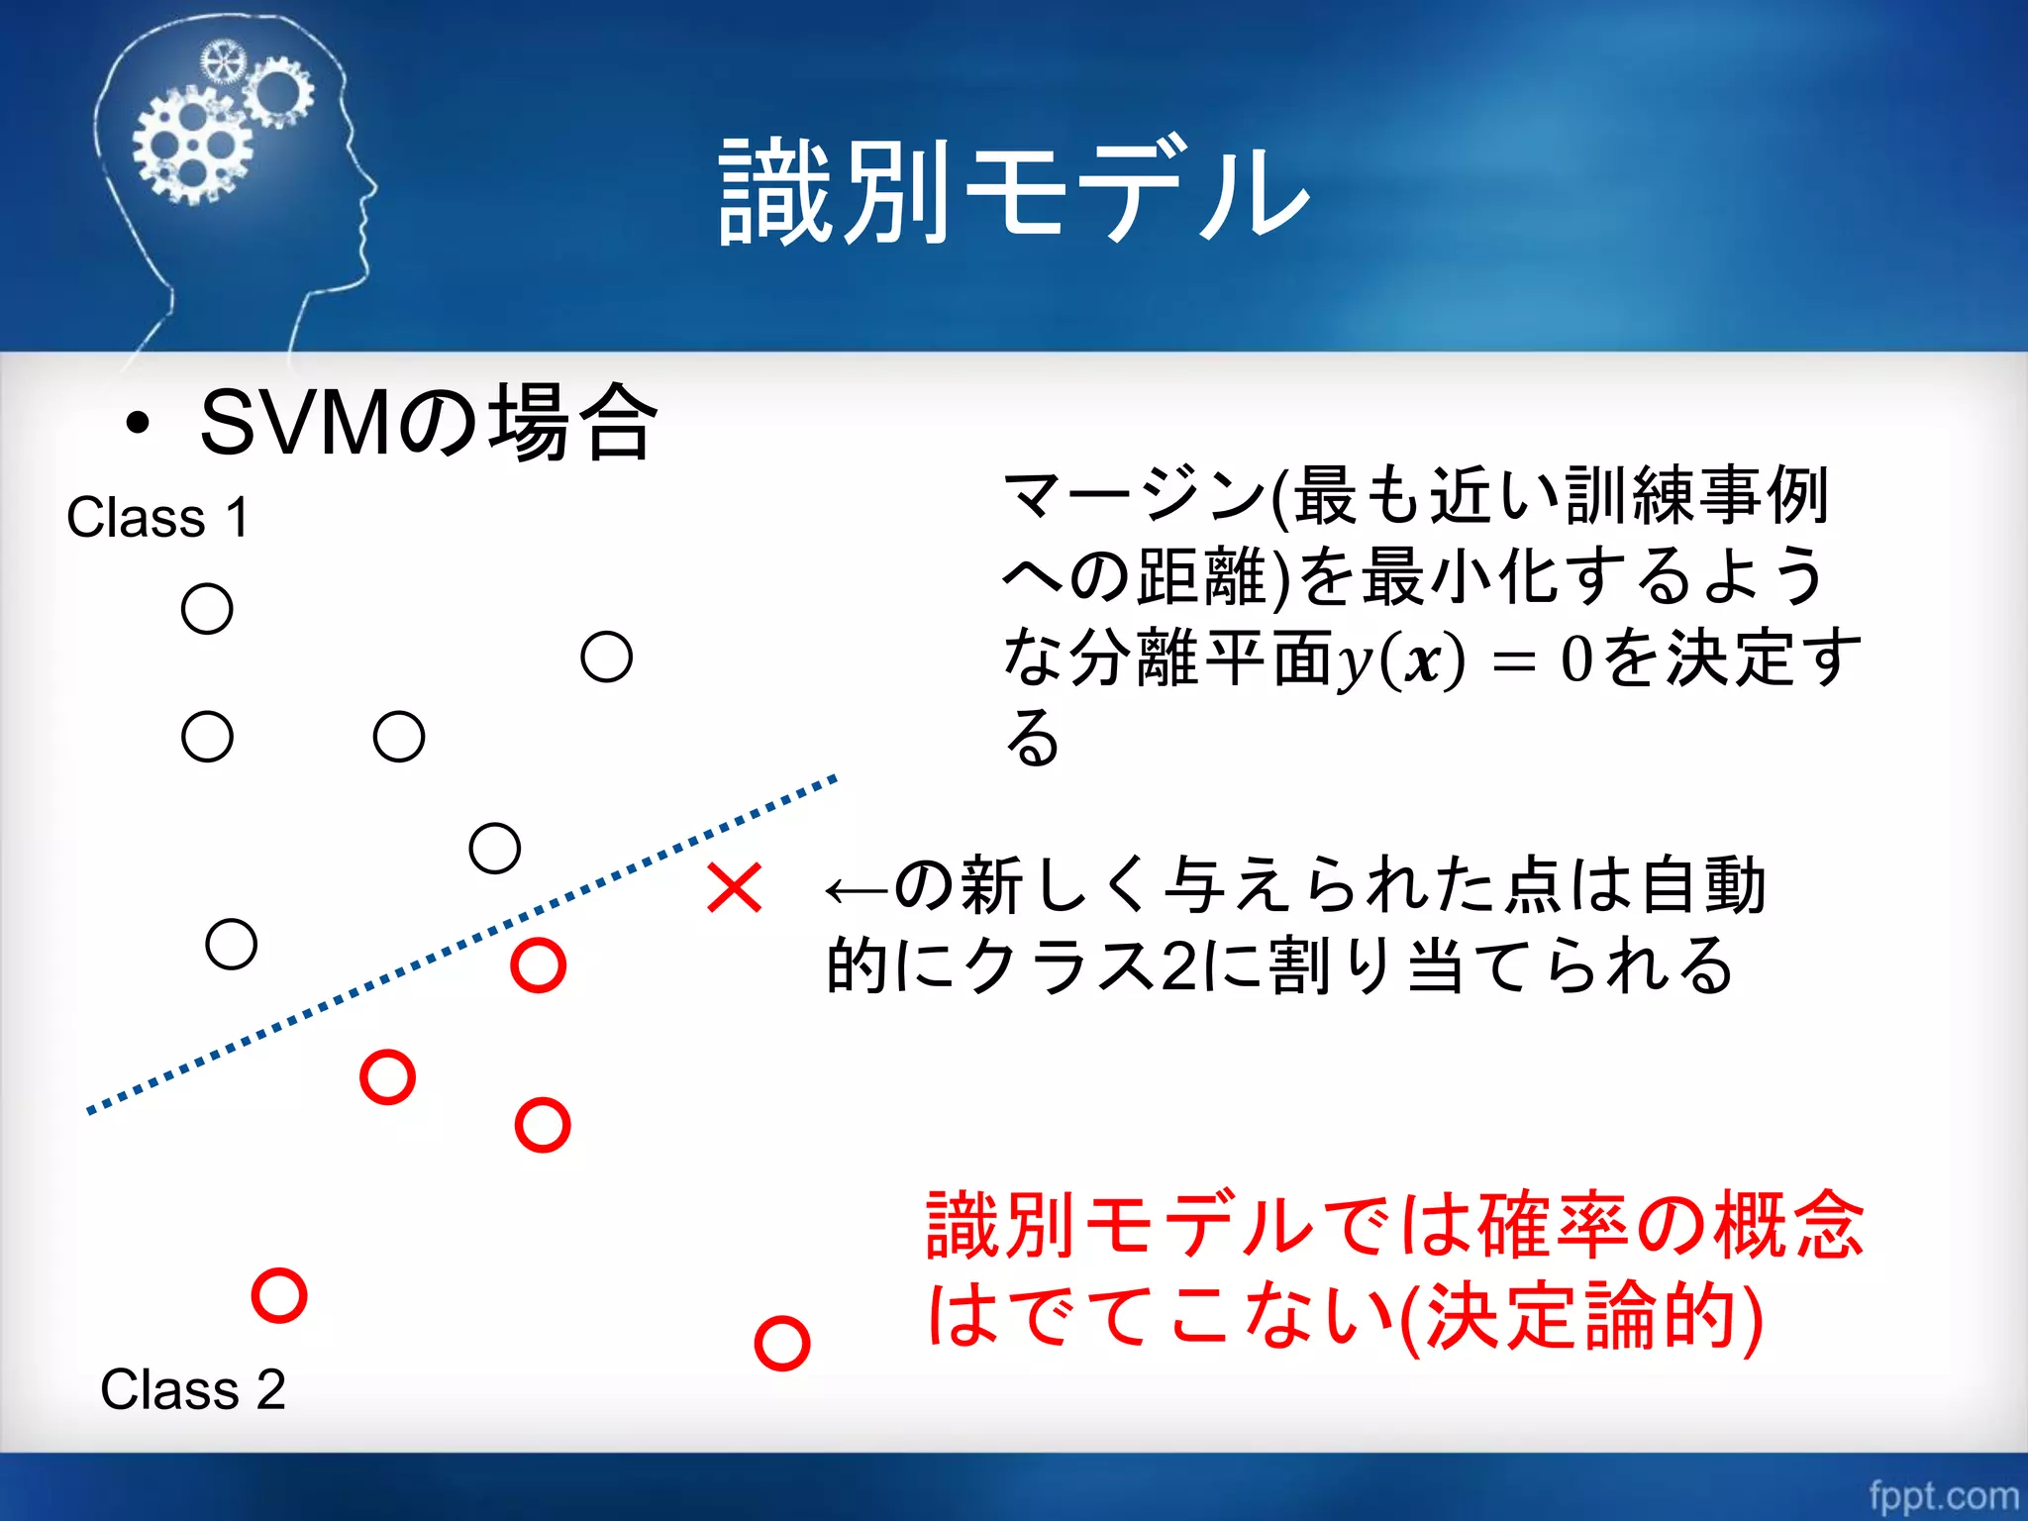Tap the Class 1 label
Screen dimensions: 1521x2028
click(x=156, y=518)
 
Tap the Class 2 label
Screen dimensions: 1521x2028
click(x=192, y=1389)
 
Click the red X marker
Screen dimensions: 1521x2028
click(x=734, y=887)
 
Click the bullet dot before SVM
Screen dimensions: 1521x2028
click(x=138, y=424)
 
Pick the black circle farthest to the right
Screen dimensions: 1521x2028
click(x=606, y=657)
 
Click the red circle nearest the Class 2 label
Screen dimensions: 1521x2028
click(x=279, y=1295)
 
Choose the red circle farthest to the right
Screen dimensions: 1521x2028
click(x=781, y=1344)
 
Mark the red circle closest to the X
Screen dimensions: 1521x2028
click(x=538, y=964)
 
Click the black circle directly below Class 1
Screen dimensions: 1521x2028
click(x=207, y=608)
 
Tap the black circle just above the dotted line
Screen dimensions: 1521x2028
click(x=494, y=849)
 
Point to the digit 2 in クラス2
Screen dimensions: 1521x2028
click(x=1178, y=966)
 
